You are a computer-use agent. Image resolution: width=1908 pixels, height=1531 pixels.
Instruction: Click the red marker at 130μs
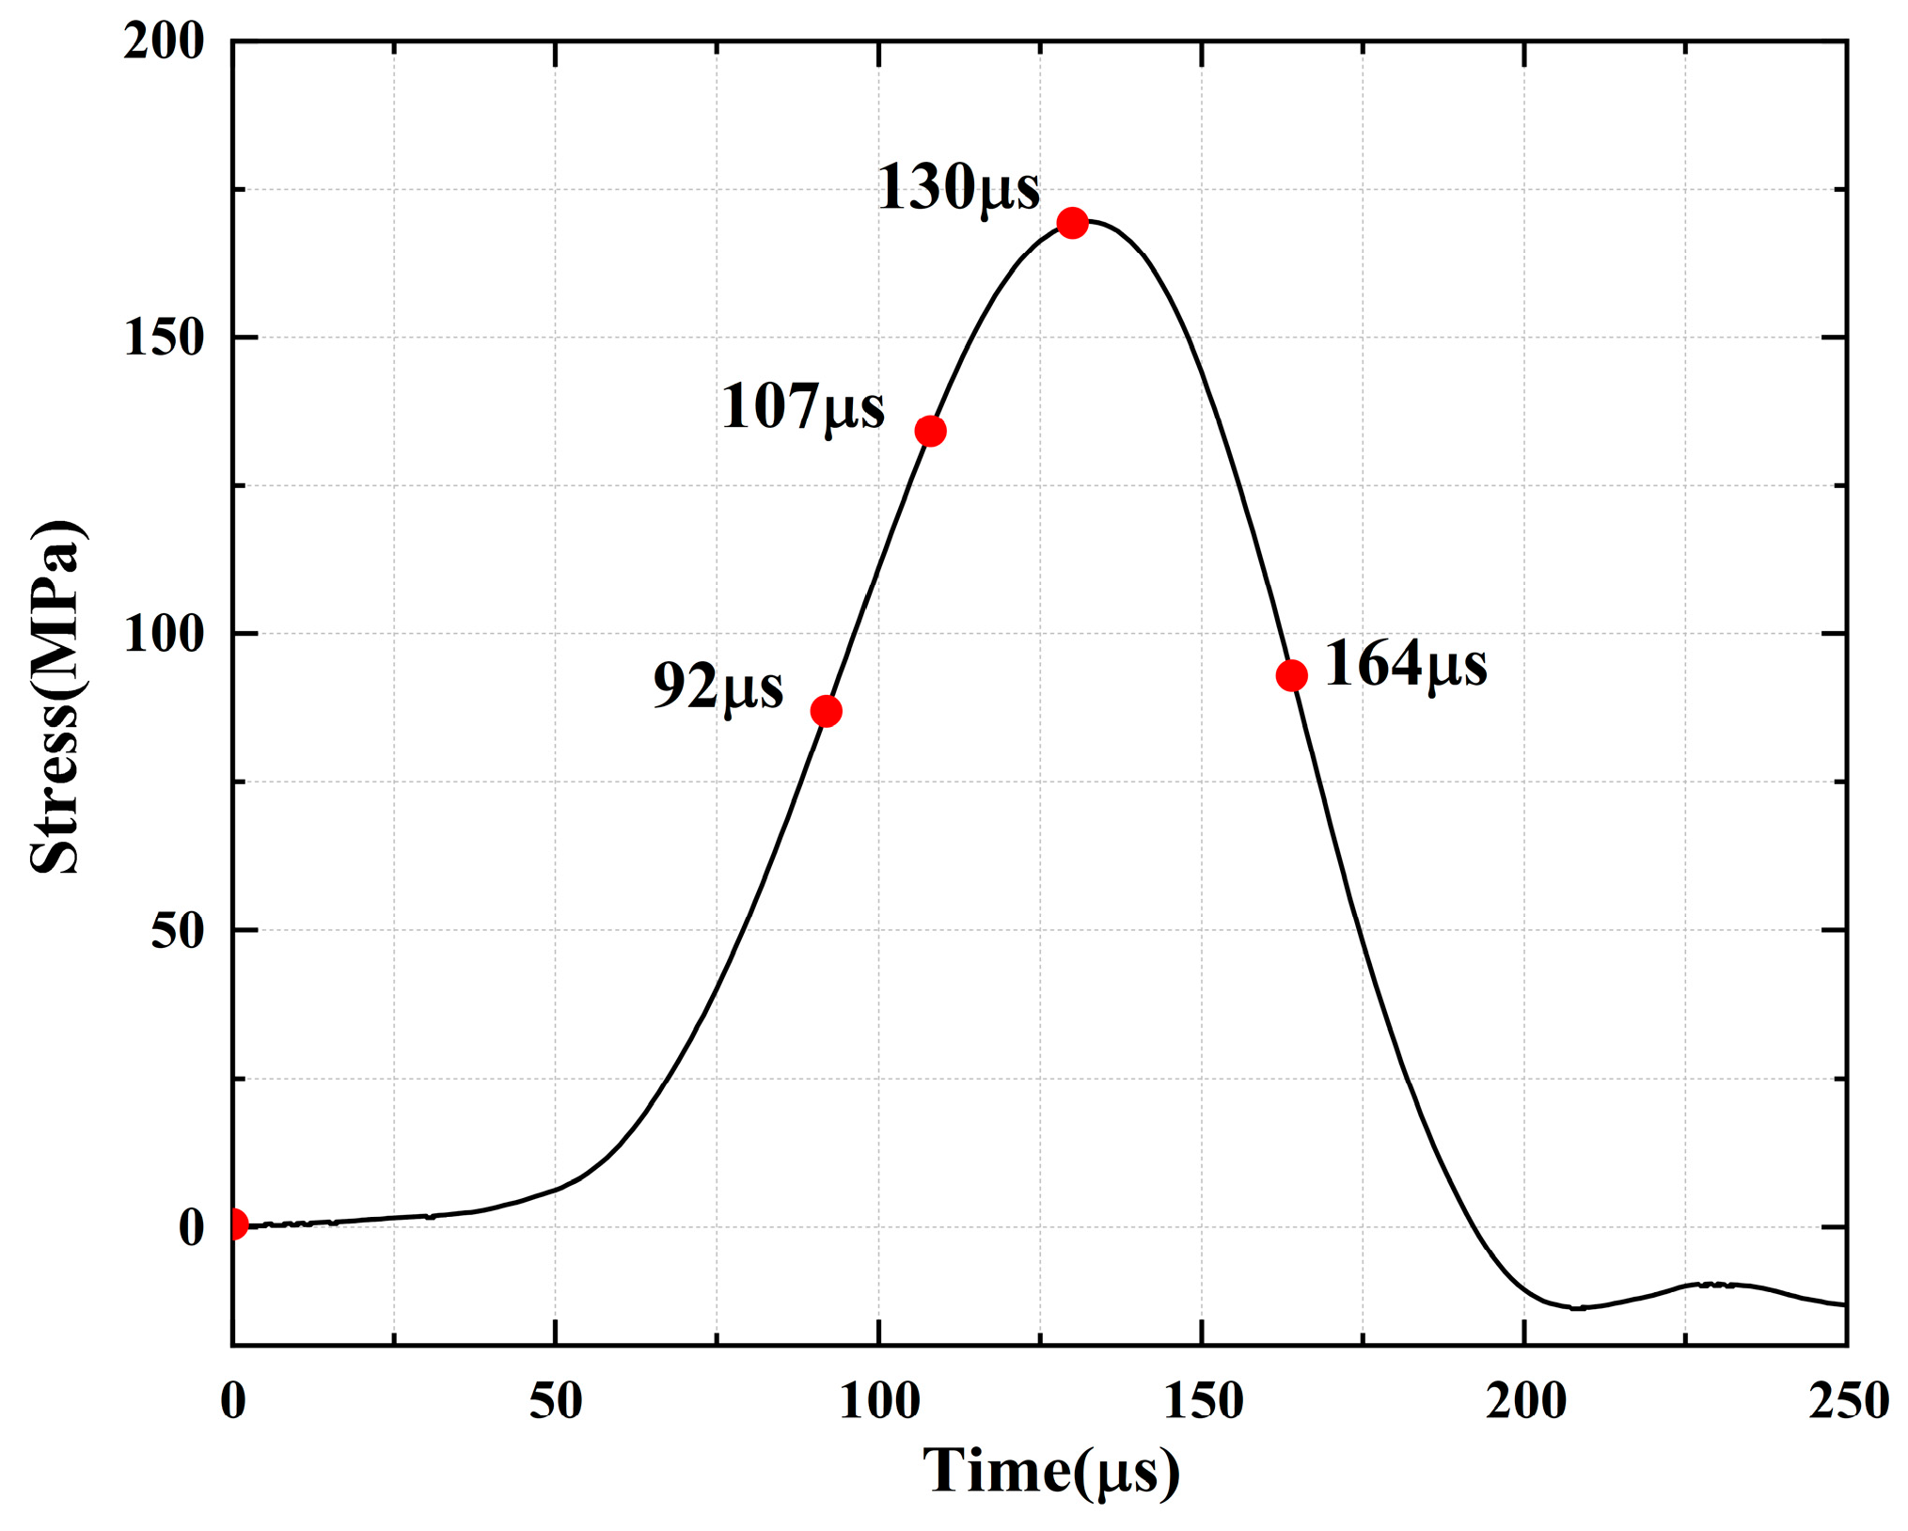1072,223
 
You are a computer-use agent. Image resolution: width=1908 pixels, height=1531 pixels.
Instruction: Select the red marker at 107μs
930,431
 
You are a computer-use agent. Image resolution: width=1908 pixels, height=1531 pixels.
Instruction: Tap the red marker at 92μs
826,711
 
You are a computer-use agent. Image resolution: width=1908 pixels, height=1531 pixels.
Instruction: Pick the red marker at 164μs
1291,675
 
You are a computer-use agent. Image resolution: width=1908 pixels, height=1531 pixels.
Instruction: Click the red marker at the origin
235,1224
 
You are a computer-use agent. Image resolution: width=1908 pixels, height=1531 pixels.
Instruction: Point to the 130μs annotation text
958,186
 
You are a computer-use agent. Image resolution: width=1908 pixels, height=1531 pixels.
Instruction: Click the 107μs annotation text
802,406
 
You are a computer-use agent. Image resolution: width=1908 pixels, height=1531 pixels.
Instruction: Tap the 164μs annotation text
1405,664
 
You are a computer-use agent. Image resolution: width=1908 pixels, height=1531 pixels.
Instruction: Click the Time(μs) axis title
1050,1470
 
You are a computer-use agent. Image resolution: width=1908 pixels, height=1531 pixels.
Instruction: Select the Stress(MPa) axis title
56,696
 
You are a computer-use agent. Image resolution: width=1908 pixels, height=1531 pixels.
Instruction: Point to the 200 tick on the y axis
164,41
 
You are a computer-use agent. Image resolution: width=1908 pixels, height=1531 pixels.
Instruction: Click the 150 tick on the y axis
164,338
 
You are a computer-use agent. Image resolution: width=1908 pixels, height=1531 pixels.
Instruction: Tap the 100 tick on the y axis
164,634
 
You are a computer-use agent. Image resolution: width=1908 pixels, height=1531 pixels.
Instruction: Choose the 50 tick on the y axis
177,930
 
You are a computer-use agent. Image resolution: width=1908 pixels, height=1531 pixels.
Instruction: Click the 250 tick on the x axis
1848,1401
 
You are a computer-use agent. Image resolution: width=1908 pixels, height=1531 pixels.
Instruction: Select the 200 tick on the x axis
1525,1401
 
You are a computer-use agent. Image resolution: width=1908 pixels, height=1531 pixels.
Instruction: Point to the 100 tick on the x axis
878,1401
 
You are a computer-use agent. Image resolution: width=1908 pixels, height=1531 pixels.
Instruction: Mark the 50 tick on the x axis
555,1401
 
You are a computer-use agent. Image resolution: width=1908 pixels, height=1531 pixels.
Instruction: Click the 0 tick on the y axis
191,1227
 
